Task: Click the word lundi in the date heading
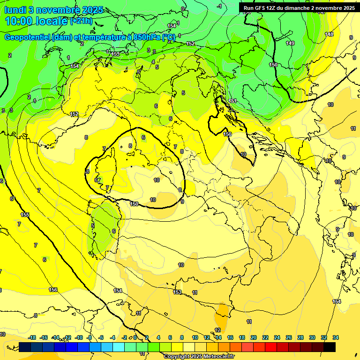(18, 10)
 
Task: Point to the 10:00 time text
(21, 21)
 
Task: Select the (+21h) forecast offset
(81, 21)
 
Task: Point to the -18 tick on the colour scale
(32, 337)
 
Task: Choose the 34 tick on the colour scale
(336, 337)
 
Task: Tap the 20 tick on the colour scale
(254, 337)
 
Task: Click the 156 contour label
(53, 290)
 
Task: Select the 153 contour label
(177, 292)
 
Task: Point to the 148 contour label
(329, 34)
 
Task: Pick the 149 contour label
(290, 43)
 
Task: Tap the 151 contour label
(232, 101)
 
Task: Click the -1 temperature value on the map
(219, 6)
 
